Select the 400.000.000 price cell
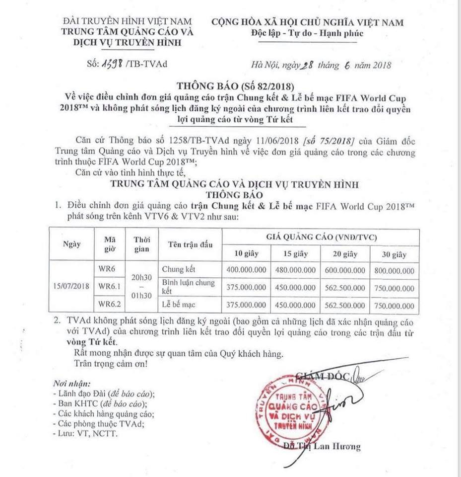pyautogui.click(x=247, y=271)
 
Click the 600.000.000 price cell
pyautogui.click(x=345, y=271)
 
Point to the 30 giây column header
pyautogui.click(x=395, y=254)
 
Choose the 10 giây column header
pyautogui.click(x=247, y=254)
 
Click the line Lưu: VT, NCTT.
pyautogui.click(x=85, y=433)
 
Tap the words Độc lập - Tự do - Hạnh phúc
pyautogui.click(x=307, y=34)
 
